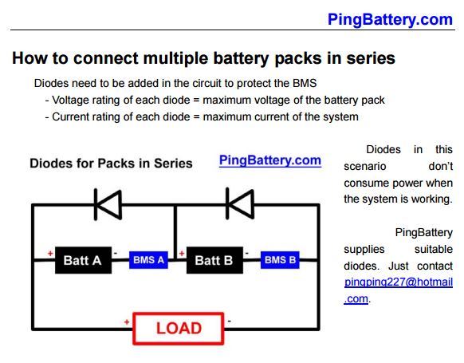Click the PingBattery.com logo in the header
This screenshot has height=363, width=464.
pos(390,19)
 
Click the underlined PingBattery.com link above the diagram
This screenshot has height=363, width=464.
pos(270,160)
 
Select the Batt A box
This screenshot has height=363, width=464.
pos(83,260)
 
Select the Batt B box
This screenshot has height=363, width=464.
pos(214,260)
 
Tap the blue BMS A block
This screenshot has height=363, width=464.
pos(148,260)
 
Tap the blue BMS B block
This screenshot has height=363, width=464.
pos(280,260)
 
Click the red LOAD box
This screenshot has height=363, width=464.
pos(179,329)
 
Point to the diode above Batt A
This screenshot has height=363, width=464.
pos(108,204)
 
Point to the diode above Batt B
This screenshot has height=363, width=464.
pos(240,203)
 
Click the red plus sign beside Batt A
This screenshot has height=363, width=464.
pos(50,254)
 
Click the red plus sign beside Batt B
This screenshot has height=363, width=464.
pos(182,254)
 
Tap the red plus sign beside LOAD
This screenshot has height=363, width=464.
pos(127,322)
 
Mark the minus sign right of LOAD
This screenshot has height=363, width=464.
pos(230,322)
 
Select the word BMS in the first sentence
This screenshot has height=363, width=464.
pos(305,83)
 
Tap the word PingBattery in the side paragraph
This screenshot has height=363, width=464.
pos(424,233)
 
